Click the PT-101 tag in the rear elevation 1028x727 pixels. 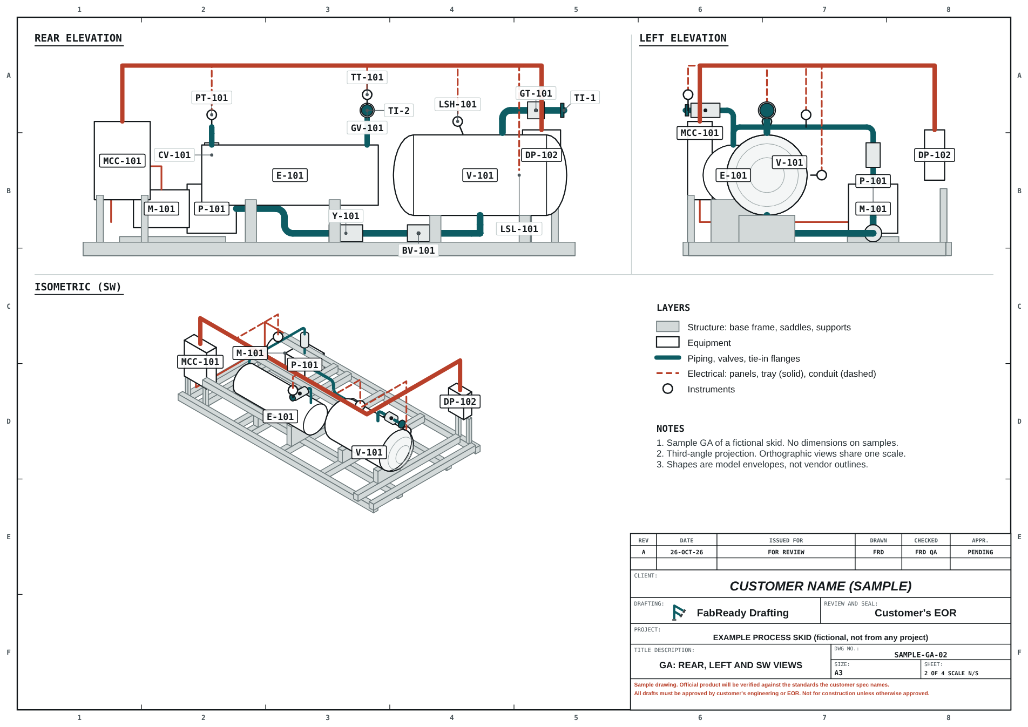pyautogui.click(x=212, y=98)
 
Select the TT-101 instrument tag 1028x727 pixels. pyautogui.click(x=367, y=77)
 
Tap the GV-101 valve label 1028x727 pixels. pyautogui.click(x=367, y=128)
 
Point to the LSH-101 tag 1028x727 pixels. pyautogui.click(x=457, y=104)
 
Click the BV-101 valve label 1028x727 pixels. pyautogui.click(x=418, y=250)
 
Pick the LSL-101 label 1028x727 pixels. pyautogui.click(x=519, y=229)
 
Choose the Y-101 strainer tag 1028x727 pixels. pyautogui.click(x=346, y=216)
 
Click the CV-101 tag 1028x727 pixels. pyautogui.click(x=174, y=155)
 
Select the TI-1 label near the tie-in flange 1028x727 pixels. pyautogui.click(x=585, y=98)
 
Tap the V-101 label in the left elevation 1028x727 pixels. pyautogui.click(x=789, y=162)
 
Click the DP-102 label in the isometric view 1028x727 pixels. pyautogui.click(x=460, y=402)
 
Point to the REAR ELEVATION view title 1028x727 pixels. pyautogui.click(x=78, y=38)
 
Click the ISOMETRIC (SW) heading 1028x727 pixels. pyautogui.click(x=78, y=287)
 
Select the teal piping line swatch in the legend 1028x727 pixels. pyautogui.click(x=667, y=358)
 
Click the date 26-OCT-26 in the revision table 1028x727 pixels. pyautogui.click(x=687, y=552)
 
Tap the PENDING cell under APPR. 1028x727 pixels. pyautogui.click(x=980, y=552)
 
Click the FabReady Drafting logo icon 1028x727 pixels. pyautogui.click(x=679, y=613)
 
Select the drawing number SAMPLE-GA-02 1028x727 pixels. pyautogui.click(x=921, y=655)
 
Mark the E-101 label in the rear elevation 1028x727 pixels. pyautogui.click(x=290, y=175)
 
